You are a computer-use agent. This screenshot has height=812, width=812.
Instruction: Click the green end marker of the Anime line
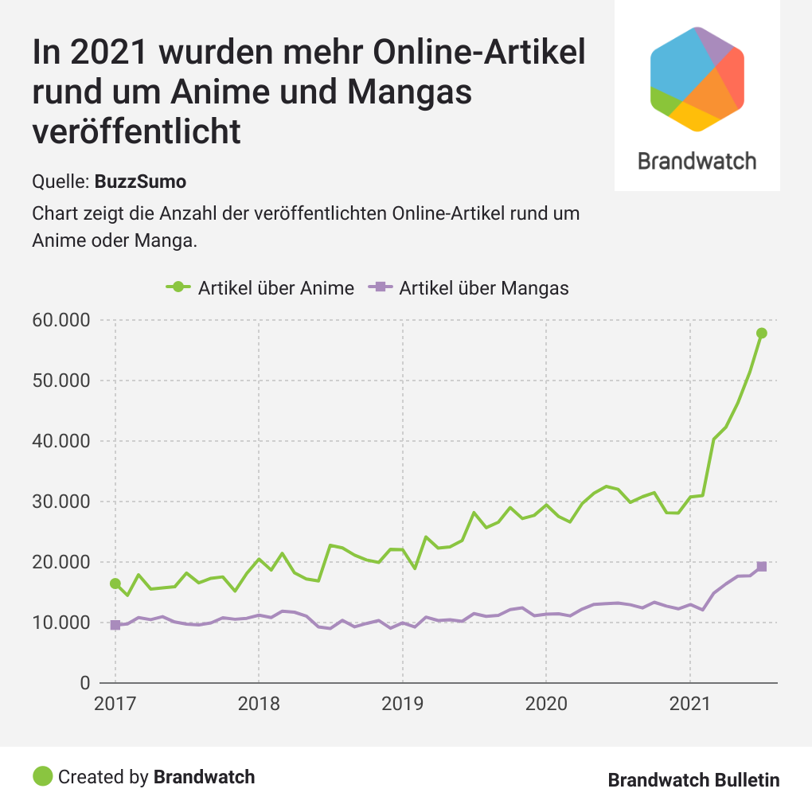(x=762, y=333)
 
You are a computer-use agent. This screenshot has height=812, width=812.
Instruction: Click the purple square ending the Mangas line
(x=762, y=566)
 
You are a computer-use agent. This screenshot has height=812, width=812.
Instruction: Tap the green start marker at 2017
(x=115, y=584)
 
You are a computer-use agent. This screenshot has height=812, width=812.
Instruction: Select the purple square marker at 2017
(x=115, y=625)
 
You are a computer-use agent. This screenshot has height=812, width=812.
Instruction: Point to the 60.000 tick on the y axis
(x=61, y=320)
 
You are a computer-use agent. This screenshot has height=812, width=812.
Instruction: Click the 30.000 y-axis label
(x=61, y=502)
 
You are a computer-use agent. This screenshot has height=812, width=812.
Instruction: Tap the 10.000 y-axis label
(x=61, y=623)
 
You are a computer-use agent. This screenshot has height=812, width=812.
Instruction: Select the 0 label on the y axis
(x=84, y=683)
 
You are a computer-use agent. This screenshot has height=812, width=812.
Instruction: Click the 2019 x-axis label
(x=402, y=705)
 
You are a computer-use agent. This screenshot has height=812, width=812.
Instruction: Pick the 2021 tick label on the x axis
(x=689, y=705)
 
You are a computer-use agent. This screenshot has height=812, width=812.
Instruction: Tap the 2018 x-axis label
(x=259, y=705)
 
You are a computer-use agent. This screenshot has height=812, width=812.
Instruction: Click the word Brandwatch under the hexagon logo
(x=697, y=161)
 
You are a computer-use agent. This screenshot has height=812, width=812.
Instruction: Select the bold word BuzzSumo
(x=140, y=182)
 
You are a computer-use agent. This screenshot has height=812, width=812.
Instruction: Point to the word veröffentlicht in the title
(x=136, y=131)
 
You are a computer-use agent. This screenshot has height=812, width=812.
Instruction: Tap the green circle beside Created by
(x=43, y=776)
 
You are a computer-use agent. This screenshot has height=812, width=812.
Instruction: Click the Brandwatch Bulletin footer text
(x=693, y=780)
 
